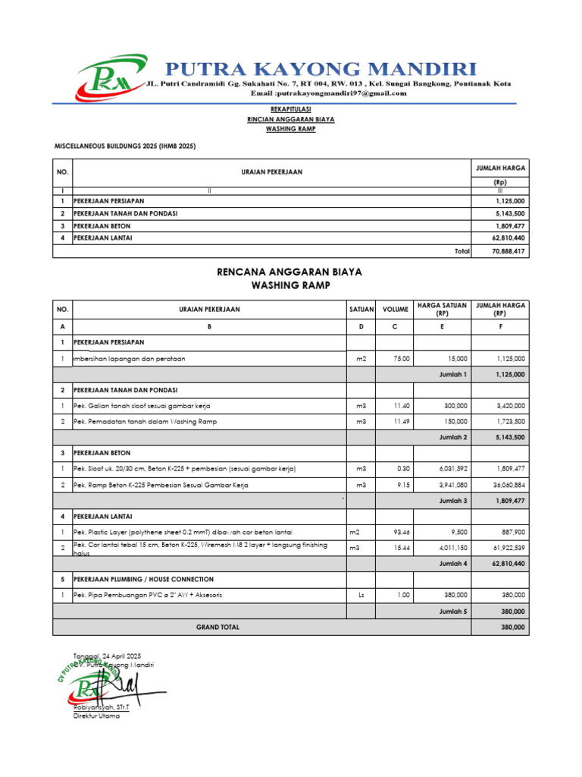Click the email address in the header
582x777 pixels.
[x=329, y=93]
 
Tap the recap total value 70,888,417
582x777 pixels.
[x=508, y=251]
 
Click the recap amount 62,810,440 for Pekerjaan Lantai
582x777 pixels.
[x=508, y=238]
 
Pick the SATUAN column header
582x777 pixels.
[x=361, y=310]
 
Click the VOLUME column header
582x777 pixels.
[x=395, y=310]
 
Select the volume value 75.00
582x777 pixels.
[x=400, y=358]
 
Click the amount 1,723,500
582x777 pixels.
[x=511, y=420]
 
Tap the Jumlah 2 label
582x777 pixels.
[x=453, y=437]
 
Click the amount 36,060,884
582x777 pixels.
[x=508, y=485]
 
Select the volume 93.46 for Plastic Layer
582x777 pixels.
[x=399, y=532]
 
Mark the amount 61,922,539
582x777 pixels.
[x=508, y=547]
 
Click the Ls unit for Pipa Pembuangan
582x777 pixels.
[x=361, y=595]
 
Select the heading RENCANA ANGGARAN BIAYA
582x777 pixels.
[x=290, y=272]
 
